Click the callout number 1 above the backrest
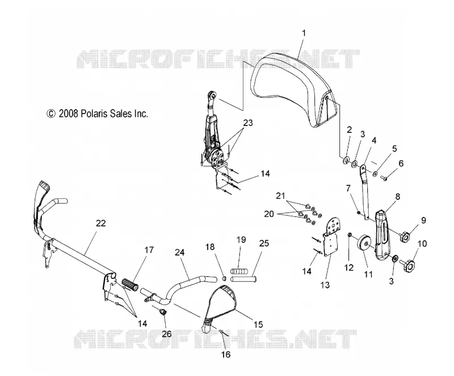click(304, 34)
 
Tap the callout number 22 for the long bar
click(101, 223)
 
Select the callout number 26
click(166, 334)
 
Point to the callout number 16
click(226, 354)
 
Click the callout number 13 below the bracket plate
click(325, 285)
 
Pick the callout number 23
click(248, 123)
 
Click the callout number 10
click(422, 244)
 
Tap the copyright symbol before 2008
click(51, 114)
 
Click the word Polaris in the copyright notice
click(95, 114)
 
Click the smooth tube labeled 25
click(243, 279)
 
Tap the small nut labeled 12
click(349, 234)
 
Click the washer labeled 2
click(346, 161)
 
